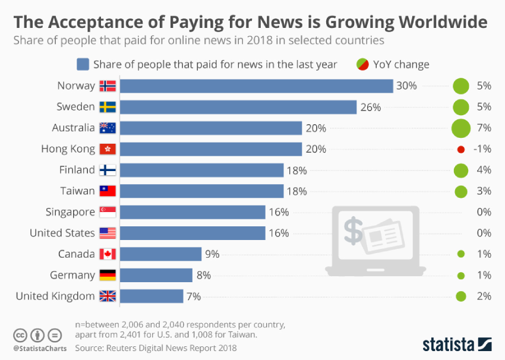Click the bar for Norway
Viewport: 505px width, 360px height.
[x=255, y=86]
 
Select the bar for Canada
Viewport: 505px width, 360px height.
[x=160, y=254]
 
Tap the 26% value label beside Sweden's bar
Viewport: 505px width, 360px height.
[x=370, y=107]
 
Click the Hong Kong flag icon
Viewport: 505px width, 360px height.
[x=108, y=149]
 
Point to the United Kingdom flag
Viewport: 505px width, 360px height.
[x=108, y=296]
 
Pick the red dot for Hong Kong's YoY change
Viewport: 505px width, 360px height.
[x=460, y=149]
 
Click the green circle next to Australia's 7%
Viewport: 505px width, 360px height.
[x=460, y=128]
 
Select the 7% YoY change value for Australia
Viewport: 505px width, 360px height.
[x=484, y=128]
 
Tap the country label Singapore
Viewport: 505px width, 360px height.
[x=70, y=212]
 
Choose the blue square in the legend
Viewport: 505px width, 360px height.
[x=83, y=64]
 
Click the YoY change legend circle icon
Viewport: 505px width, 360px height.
[x=362, y=64]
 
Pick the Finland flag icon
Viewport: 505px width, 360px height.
[x=108, y=170]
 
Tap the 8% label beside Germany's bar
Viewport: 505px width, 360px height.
[x=203, y=275]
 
